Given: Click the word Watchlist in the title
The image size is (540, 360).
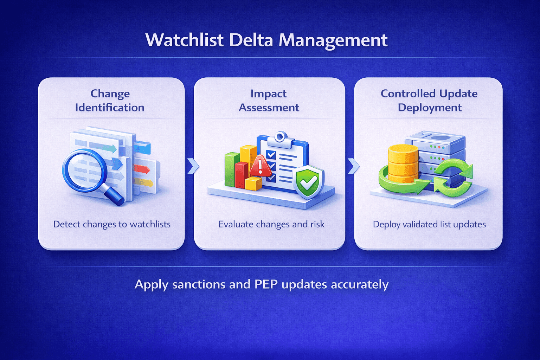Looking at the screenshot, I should [185, 40].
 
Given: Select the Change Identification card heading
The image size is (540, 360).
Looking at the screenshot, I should [110, 101].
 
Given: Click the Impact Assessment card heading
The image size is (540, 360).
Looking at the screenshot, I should [269, 101].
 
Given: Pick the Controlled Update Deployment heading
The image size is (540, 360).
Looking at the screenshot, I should [429, 101].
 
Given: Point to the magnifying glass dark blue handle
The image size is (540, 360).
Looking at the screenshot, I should [115, 196].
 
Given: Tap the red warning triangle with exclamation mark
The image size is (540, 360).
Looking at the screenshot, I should [261, 166].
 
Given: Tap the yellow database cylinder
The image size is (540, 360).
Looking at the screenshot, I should [403, 164].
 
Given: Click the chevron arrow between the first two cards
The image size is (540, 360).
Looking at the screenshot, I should [193, 166].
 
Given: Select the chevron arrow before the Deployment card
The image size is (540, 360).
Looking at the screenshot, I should [353, 166].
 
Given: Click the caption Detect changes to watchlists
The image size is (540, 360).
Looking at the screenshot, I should [112, 224].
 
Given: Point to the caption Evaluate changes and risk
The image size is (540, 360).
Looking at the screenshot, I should [271, 224].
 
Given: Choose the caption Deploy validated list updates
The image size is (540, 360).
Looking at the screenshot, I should [429, 224].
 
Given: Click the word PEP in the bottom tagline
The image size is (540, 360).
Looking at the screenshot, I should [266, 284].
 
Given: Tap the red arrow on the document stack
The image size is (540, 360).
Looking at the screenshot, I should [142, 169].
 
